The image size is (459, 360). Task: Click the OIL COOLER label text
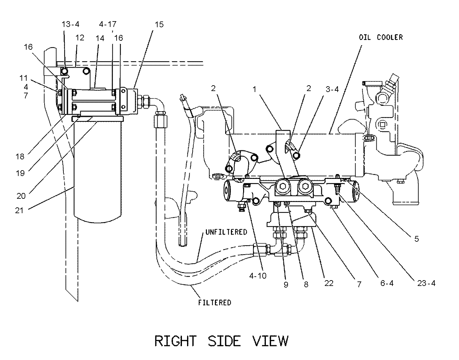point(381,38)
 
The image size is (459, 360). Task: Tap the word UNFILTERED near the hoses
point(226,232)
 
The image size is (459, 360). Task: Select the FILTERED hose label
point(215,303)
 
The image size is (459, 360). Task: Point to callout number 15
point(159,24)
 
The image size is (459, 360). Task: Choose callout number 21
point(19,210)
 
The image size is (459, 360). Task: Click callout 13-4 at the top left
point(70,24)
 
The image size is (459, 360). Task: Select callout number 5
point(416,239)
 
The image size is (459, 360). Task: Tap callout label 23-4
point(426,283)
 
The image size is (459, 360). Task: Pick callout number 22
point(329,283)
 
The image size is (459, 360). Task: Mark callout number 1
point(255,89)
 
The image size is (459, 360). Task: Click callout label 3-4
point(332,89)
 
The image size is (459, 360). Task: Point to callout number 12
point(80,38)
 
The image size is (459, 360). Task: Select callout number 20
point(21,196)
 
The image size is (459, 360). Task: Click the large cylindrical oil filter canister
point(98,171)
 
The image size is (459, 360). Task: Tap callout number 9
point(286,285)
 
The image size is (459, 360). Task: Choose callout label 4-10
point(258,276)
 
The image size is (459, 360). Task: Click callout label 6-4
point(387,283)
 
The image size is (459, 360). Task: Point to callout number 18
point(20,156)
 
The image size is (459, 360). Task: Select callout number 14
point(100,38)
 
